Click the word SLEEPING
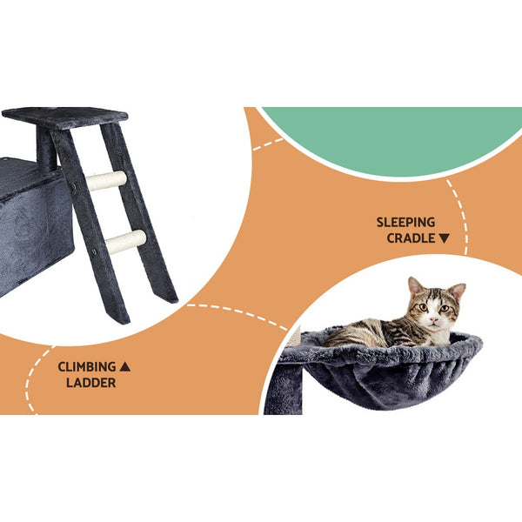405,222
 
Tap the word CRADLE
405,238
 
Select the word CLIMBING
87,366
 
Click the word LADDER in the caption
90,382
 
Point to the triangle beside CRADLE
445,238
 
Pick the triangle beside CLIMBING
124,366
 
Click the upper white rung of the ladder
105,181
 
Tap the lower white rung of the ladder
125,242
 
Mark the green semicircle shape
391,135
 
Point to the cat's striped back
365,332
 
